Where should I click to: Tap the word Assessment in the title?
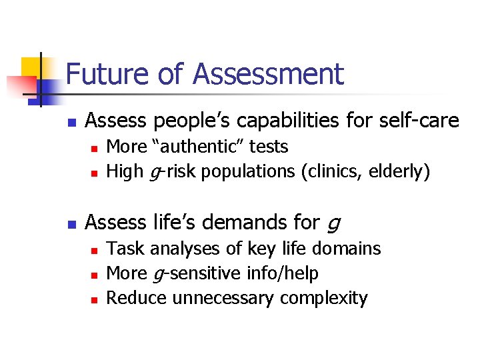click(x=269, y=75)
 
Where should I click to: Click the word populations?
click(x=249, y=171)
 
